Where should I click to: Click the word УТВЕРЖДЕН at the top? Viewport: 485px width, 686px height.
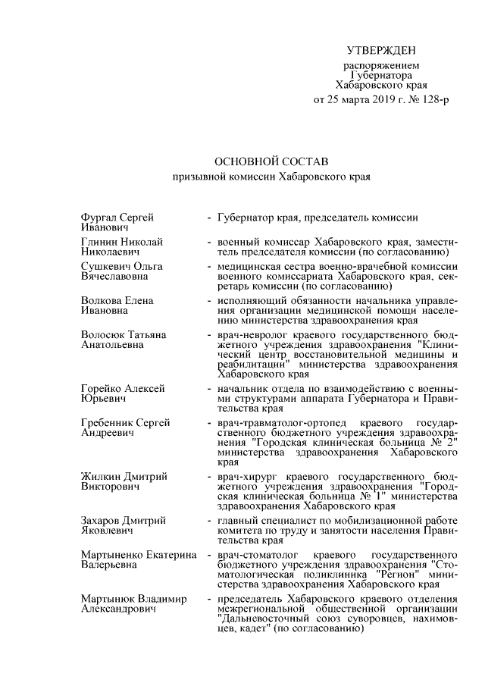point(381,51)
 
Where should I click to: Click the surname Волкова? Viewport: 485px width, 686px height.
point(101,301)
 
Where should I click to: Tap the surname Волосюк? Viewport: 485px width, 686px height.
point(104,335)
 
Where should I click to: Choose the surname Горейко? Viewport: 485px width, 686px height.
point(102,389)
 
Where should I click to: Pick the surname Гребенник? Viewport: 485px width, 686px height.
point(108,423)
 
